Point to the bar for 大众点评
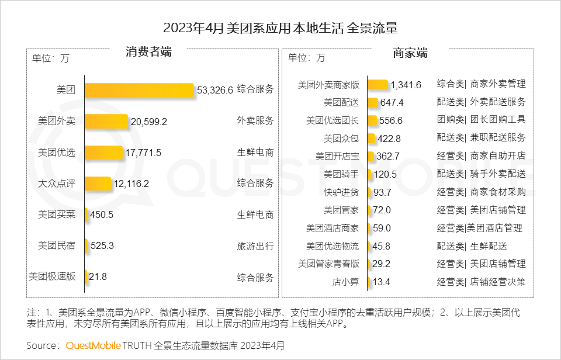coord(98,184)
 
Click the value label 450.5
coord(102,214)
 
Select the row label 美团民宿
coord(57,246)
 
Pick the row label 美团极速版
coord(52,277)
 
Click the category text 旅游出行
coord(255,246)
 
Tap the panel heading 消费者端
coord(148,52)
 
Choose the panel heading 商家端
coord(410,54)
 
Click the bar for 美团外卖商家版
coord(378,85)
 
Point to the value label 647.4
coord(392,103)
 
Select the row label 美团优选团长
coord(333,120)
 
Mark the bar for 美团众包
coord(372,139)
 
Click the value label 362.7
coord(389,157)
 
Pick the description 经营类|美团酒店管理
coord(479,228)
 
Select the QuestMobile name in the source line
coord(93,345)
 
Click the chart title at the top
coord(280,28)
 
